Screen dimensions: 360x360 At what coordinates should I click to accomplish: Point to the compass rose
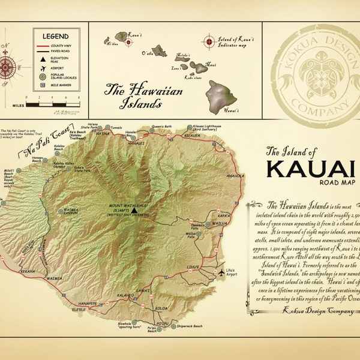[7, 61]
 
